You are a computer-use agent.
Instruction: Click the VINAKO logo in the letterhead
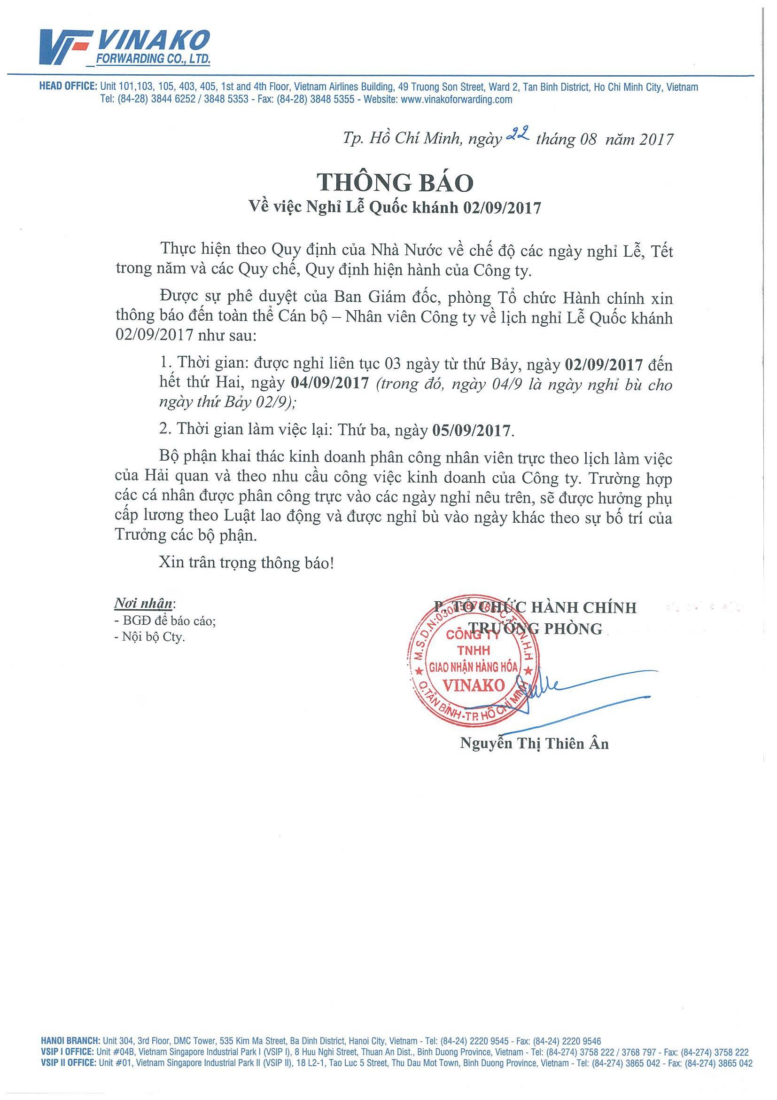tap(125, 47)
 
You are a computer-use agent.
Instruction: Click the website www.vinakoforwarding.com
tap(456, 100)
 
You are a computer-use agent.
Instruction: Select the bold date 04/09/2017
tap(330, 383)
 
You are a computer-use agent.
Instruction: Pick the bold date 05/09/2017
tap(472, 430)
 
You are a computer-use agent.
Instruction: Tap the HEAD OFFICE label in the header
tap(69, 87)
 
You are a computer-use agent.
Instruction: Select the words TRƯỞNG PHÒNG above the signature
tap(536, 628)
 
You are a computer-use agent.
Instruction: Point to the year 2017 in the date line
tap(656, 140)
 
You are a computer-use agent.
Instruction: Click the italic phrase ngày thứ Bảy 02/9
tap(225, 403)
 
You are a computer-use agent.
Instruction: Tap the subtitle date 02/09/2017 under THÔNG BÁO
tap(501, 208)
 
